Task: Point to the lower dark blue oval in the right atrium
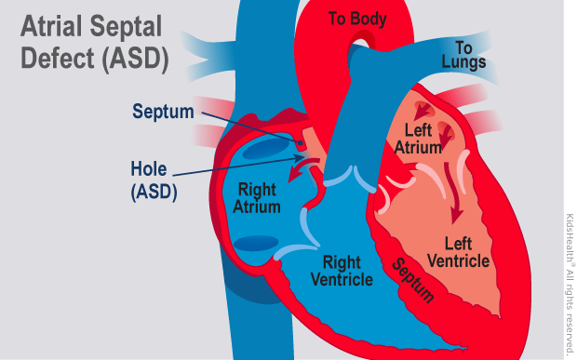(x=255, y=244)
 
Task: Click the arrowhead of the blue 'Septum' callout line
(x=303, y=140)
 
